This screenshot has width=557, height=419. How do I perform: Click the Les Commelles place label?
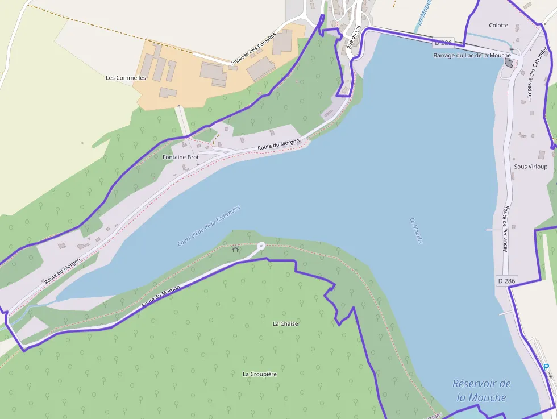[126, 78]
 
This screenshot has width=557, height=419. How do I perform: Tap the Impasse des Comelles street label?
[253, 48]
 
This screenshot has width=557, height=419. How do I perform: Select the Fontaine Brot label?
[181, 157]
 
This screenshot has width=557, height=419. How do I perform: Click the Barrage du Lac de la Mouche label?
[472, 56]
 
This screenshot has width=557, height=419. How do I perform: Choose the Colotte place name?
[498, 26]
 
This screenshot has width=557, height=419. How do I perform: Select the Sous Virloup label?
[530, 167]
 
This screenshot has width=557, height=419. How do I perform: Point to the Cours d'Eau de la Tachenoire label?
[209, 226]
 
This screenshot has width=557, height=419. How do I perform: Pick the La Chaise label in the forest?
[285, 323]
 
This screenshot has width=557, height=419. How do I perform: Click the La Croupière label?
[260, 374]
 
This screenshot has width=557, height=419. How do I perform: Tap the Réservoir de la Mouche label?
[481, 391]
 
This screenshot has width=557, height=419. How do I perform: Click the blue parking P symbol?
[546, 367]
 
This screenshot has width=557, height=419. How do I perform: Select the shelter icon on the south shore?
[235, 249]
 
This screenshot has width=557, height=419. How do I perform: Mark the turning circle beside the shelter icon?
[261, 246]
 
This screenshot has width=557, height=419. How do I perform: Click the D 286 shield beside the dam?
[444, 43]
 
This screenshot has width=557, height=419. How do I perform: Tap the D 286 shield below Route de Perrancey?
[507, 281]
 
